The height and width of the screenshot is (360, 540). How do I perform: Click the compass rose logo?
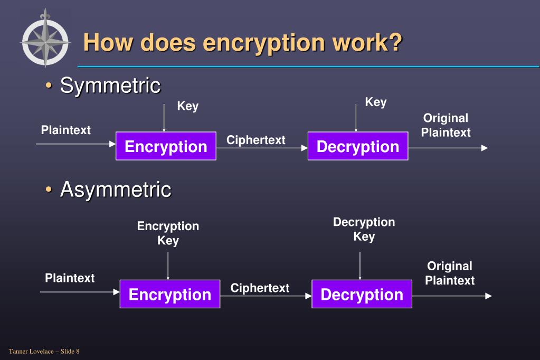pyautogui.click(x=45, y=39)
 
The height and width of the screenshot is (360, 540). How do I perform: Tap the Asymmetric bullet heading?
pyautogui.click(x=115, y=188)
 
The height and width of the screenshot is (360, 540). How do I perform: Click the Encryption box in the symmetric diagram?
pyautogui.click(x=166, y=146)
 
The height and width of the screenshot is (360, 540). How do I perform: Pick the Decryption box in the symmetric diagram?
pyautogui.click(x=358, y=146)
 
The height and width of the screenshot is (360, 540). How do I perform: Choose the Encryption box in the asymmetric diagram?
pyautogui.click(x=170, y=294)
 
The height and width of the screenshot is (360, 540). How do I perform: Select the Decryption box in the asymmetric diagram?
pyautogui.click(x=362, y=294)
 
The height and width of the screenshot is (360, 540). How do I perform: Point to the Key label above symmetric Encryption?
pyautogui.click(x=187, y=106)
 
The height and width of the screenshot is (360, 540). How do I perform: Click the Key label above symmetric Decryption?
pyautogui.click(x=375, y=102)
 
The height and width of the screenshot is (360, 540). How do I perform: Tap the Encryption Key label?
pyautogui.click(x=168, y=233)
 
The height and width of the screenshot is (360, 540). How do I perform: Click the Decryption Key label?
pyautogui.click(x=364, y=229)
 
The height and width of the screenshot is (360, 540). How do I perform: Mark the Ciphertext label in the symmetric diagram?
pyautogui.click(x=255, y=140)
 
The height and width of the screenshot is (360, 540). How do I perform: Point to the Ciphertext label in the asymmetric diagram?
pyautogui.click(x=260, y=288)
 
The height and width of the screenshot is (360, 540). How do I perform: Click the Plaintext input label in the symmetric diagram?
pyautogui.click(x=65, y=130)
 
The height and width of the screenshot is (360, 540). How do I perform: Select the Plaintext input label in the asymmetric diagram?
pyautogui.click(x=70, y=278)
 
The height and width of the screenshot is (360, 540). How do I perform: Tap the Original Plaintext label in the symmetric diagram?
pyautogui.click(x=446, y=125)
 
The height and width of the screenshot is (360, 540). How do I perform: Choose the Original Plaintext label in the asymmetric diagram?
pyautogui.click(x=450, y=273)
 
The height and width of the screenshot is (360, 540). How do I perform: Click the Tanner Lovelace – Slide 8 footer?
pyautogui.click(x=44, y=351)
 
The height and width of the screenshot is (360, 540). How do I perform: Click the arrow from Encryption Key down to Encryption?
pyautogui.click(x=168, y=266)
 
